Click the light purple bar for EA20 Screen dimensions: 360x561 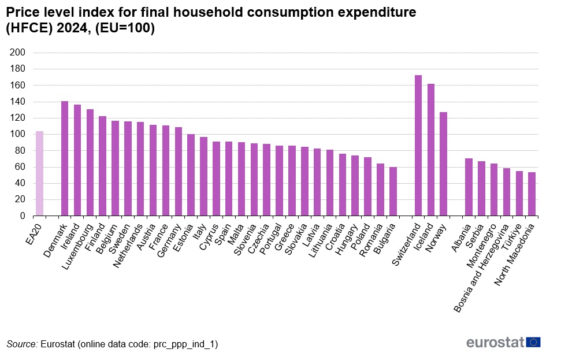[39, 173]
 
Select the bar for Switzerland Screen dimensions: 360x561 [418, 146]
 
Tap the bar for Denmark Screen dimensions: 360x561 [65, 158]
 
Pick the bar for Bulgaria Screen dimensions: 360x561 [393, 191]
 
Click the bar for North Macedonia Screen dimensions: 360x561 [532, 194]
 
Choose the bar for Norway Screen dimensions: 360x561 [443, 164]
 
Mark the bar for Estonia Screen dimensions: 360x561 [191, 175]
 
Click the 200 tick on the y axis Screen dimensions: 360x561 [18, 53]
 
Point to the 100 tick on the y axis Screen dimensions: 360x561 [18, 134]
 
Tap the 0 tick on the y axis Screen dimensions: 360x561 [23, 216]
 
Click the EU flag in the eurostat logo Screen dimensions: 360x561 [533, 342]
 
